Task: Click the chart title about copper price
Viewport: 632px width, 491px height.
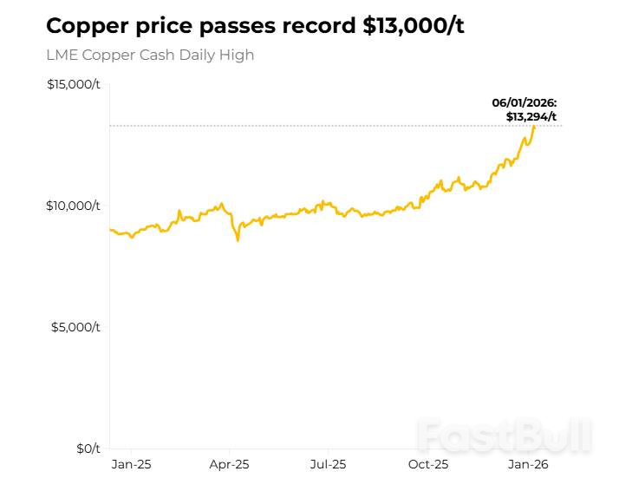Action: pos(255,25)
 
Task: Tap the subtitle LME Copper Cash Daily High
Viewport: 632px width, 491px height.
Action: pos(150,55)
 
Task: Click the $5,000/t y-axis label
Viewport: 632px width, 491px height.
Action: pos(76,327)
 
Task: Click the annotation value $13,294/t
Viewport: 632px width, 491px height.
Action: pos(531,116)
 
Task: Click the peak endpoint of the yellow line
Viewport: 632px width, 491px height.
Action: pos(534,127)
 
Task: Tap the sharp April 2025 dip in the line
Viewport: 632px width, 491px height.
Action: pos(238,239)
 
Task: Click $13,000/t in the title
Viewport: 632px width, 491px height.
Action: pos(414,25)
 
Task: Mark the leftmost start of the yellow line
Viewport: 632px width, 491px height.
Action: pos(110,229)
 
